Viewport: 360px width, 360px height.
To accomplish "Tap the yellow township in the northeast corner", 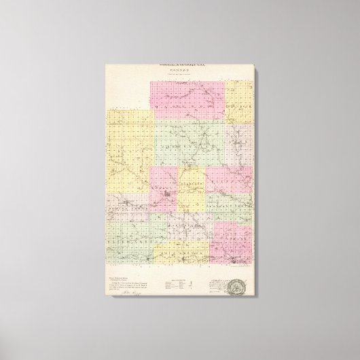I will coord(238,102).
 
